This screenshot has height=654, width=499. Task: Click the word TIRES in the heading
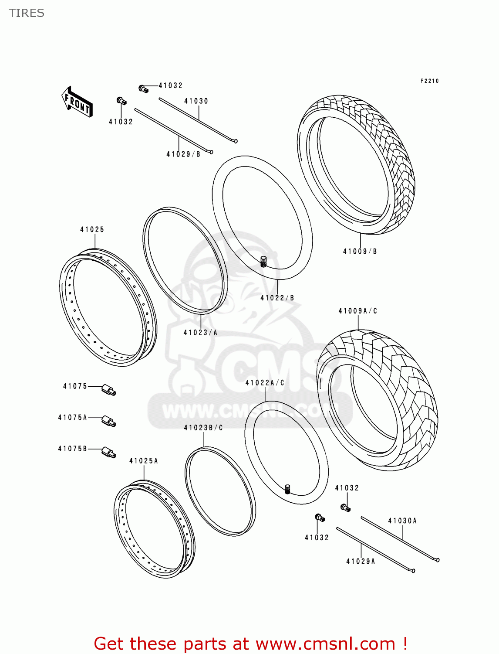(x=27, y=13)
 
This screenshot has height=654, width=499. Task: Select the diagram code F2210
(x=429, y=81)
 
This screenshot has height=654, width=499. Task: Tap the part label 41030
(x=196, y=101)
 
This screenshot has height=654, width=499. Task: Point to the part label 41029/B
(x=183, y=154)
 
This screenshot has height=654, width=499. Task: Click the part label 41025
(x=92, y=229)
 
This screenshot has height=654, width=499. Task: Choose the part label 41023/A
(x=200, y=333)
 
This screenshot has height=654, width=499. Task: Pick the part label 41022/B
(x=277, y=298)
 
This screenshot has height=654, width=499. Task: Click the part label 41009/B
(x=360, y=251)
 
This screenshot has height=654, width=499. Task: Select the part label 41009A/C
(x=358, y=311)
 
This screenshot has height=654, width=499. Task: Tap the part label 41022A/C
(x=265, y=383)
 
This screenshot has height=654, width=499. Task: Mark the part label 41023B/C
(x=203, y=428)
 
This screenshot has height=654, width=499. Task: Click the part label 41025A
(x=144, y=461)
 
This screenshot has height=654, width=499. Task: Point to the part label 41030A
(x=402, y=521)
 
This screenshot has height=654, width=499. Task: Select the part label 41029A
(x=361, y=561)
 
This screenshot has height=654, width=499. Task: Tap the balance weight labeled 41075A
(x=109, y=421)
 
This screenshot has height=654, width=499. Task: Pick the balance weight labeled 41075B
(x=109, y=452)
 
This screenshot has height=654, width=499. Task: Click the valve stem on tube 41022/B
(x=263, y=262)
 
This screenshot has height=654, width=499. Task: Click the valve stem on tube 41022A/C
(x=287, y=489)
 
